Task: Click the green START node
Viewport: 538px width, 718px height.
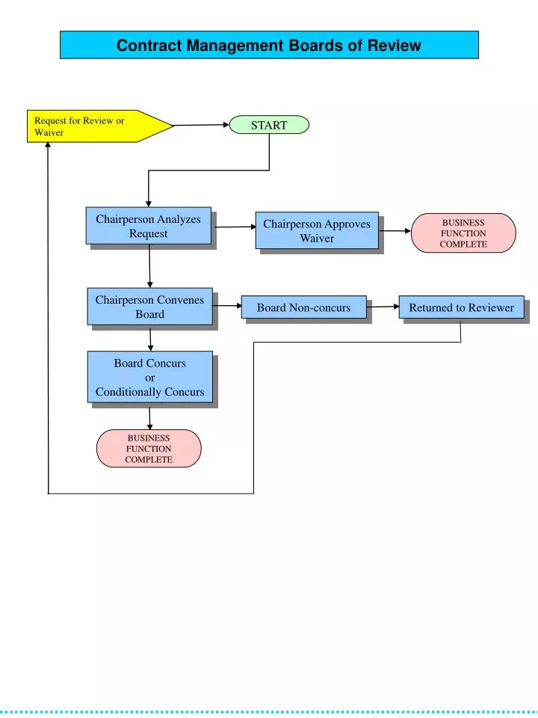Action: tap(268, 125)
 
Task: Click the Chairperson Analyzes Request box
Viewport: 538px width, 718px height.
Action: tap(148, 226)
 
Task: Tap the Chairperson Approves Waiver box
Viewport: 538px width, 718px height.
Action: tap(316, 230)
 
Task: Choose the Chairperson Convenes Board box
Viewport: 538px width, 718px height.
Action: tap(149, 307)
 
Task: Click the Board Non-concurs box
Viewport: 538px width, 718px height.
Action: tap(303, 307)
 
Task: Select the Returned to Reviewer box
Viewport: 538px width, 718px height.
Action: tap(461, 307)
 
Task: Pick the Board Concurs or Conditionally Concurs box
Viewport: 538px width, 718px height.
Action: tap(149, 378)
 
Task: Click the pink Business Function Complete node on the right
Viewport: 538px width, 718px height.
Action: tap(463, 233)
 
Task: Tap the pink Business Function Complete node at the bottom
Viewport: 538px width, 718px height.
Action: tap(149, 448)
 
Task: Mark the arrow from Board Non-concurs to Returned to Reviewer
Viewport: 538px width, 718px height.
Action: tap(383, 307)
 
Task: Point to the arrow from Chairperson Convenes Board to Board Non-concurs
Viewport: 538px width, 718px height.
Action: tap(226, 306)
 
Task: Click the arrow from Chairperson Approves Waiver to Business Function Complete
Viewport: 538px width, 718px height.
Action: tap(395, 231)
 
